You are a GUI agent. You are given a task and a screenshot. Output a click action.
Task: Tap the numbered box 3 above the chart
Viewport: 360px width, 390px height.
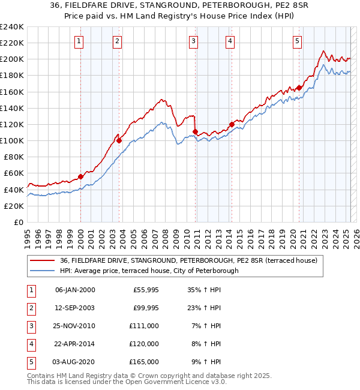tap(194, 41)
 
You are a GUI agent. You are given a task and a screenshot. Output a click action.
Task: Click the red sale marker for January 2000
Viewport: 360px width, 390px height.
tap(80, 176)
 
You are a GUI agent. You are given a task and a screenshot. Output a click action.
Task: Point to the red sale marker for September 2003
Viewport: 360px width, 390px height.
tap(119, 140)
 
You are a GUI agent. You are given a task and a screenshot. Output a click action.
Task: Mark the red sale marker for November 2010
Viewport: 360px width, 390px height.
tap(196, 131)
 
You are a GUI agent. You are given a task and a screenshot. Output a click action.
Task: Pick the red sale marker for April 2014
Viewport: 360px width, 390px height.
tap(231, 124)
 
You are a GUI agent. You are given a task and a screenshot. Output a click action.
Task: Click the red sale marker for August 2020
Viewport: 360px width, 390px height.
tap(299, 88)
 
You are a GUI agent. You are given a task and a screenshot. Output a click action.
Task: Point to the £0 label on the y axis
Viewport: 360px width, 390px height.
tap(18, 222)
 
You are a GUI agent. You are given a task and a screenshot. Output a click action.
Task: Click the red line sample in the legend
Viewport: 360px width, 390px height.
tap(43, 260)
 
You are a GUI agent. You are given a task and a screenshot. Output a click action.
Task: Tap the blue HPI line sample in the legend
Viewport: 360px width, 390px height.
tap(43, 271)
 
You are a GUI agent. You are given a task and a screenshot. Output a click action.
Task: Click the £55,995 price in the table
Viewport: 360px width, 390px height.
tap(146, 290)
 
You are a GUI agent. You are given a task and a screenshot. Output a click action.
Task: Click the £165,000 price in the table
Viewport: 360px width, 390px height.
tap(144, 362)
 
